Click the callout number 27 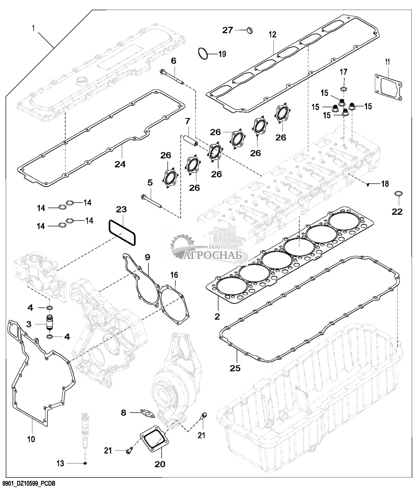coord(227,30)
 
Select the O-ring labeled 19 coord(203,54)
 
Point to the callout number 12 coord(272,34)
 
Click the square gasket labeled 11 coord(388,86)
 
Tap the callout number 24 coord(120,164)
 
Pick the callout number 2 coord(217,316)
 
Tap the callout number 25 coord(235,368)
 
